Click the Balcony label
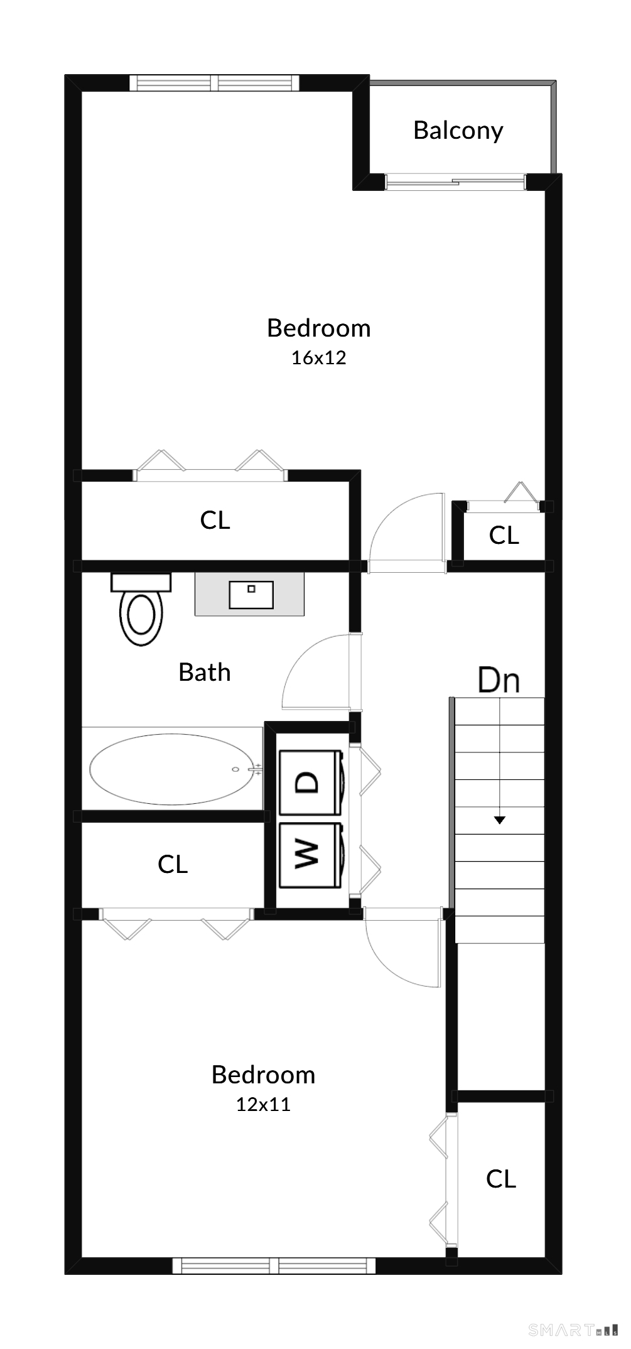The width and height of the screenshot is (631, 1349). tap(458, 131)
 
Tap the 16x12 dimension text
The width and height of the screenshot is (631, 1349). tap(318, 358)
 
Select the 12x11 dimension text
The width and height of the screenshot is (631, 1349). tap(263, 1105)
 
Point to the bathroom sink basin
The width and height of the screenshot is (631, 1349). tap(251, 595)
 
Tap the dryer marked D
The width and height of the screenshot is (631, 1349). tap(310, 783)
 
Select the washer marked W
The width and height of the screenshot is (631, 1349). tap(310, 855)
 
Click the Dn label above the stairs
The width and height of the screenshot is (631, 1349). tap(499, 680)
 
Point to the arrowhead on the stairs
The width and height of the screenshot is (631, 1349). tap(499, 820)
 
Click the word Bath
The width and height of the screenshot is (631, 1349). tap(205, 673)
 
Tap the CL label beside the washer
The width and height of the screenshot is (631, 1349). tap(173, 864)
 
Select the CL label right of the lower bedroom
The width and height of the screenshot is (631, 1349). tap(501, 1179)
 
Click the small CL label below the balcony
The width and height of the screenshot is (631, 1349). tap(504, 536)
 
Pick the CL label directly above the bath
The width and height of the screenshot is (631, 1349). tap(215, 520)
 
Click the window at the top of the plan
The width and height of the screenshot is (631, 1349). tap(214, 83)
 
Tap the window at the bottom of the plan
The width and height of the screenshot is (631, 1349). tap(274, 1265)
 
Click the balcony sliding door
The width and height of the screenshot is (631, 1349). tap(456, 181)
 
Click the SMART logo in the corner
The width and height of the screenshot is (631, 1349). tap(573, 1329)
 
